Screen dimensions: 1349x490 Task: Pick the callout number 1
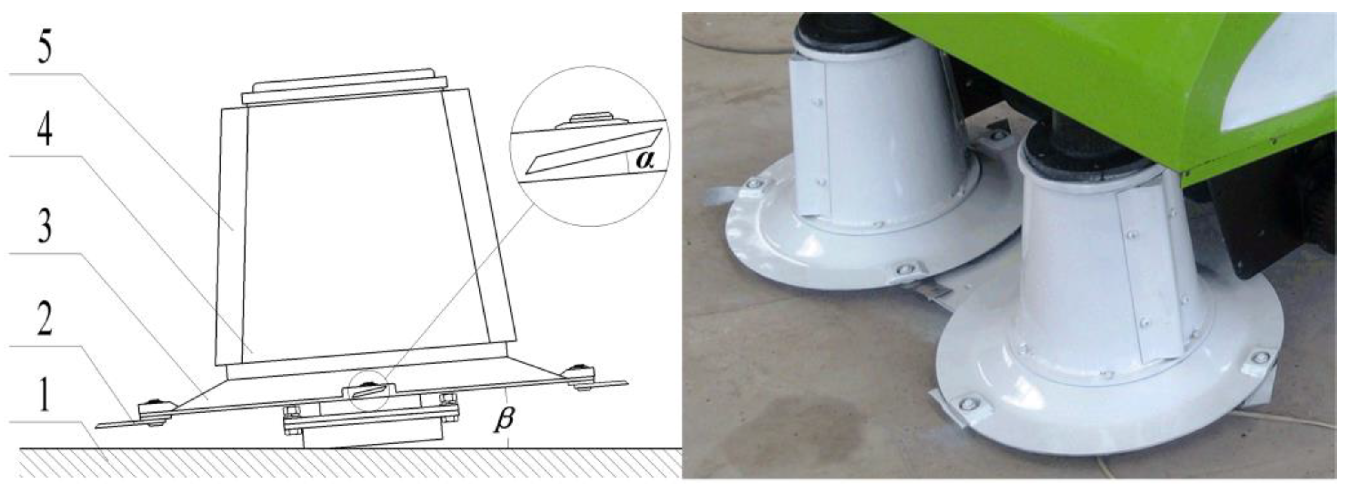tap(45, 396)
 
